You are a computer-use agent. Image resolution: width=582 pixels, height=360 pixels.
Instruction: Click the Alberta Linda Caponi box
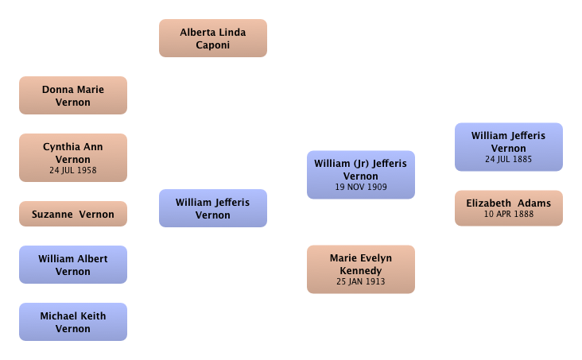click(213, 38)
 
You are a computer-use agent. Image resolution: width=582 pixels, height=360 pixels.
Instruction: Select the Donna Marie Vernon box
click(73, 95)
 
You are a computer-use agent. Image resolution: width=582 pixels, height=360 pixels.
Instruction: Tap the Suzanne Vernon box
click(73, 214)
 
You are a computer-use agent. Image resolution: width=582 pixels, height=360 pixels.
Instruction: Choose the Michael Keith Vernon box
click(73, 322)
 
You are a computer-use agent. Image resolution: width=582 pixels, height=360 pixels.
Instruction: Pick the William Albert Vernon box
click(73, 265)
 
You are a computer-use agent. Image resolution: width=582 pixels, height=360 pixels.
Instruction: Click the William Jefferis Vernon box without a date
click(213, 208)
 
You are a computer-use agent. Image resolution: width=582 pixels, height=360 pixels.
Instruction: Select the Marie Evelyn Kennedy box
click(361, 269)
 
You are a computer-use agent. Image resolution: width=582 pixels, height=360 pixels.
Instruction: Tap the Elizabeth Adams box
click(509, 208)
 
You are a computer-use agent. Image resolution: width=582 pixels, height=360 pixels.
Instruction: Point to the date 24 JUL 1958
click(73, 170)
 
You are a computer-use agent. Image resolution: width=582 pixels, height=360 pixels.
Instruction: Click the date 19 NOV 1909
click(361, 187)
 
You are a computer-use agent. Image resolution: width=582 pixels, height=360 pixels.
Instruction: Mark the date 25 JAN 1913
click(361, 281)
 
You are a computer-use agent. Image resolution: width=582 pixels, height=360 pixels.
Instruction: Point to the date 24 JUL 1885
click(509, 159)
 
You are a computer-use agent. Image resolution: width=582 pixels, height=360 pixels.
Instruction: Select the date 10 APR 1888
click(509, 214)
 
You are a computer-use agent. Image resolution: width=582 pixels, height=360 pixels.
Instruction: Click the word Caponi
click(212, 45)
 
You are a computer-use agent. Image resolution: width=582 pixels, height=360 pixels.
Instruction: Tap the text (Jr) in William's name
click(361, 164)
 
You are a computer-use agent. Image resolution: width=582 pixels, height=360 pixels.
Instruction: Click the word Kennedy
click(361, 271)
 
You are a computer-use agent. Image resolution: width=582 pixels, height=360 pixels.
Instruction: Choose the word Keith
click(94, 315)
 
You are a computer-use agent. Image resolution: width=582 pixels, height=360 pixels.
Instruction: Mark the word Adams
click(534, 203)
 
